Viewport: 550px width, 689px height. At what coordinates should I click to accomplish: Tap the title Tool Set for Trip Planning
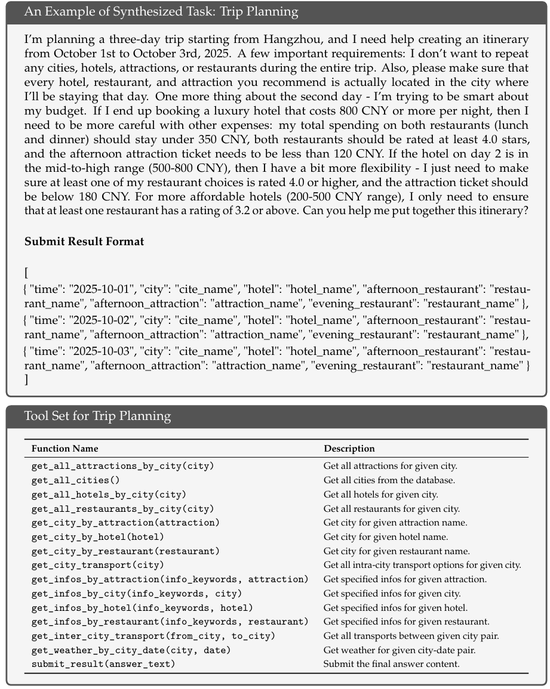pyautogui.click(x=97, y=415)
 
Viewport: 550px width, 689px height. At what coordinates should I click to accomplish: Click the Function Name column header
pyautogui.click(x=65, y=449)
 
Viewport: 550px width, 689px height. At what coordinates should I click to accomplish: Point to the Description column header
pyautogui.click(x=349, y=449)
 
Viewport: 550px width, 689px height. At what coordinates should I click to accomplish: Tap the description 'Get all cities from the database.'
pyautogui.click(x=389, y=480)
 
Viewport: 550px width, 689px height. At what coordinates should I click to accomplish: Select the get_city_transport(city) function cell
pyautogui.click(x=97, y=565)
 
